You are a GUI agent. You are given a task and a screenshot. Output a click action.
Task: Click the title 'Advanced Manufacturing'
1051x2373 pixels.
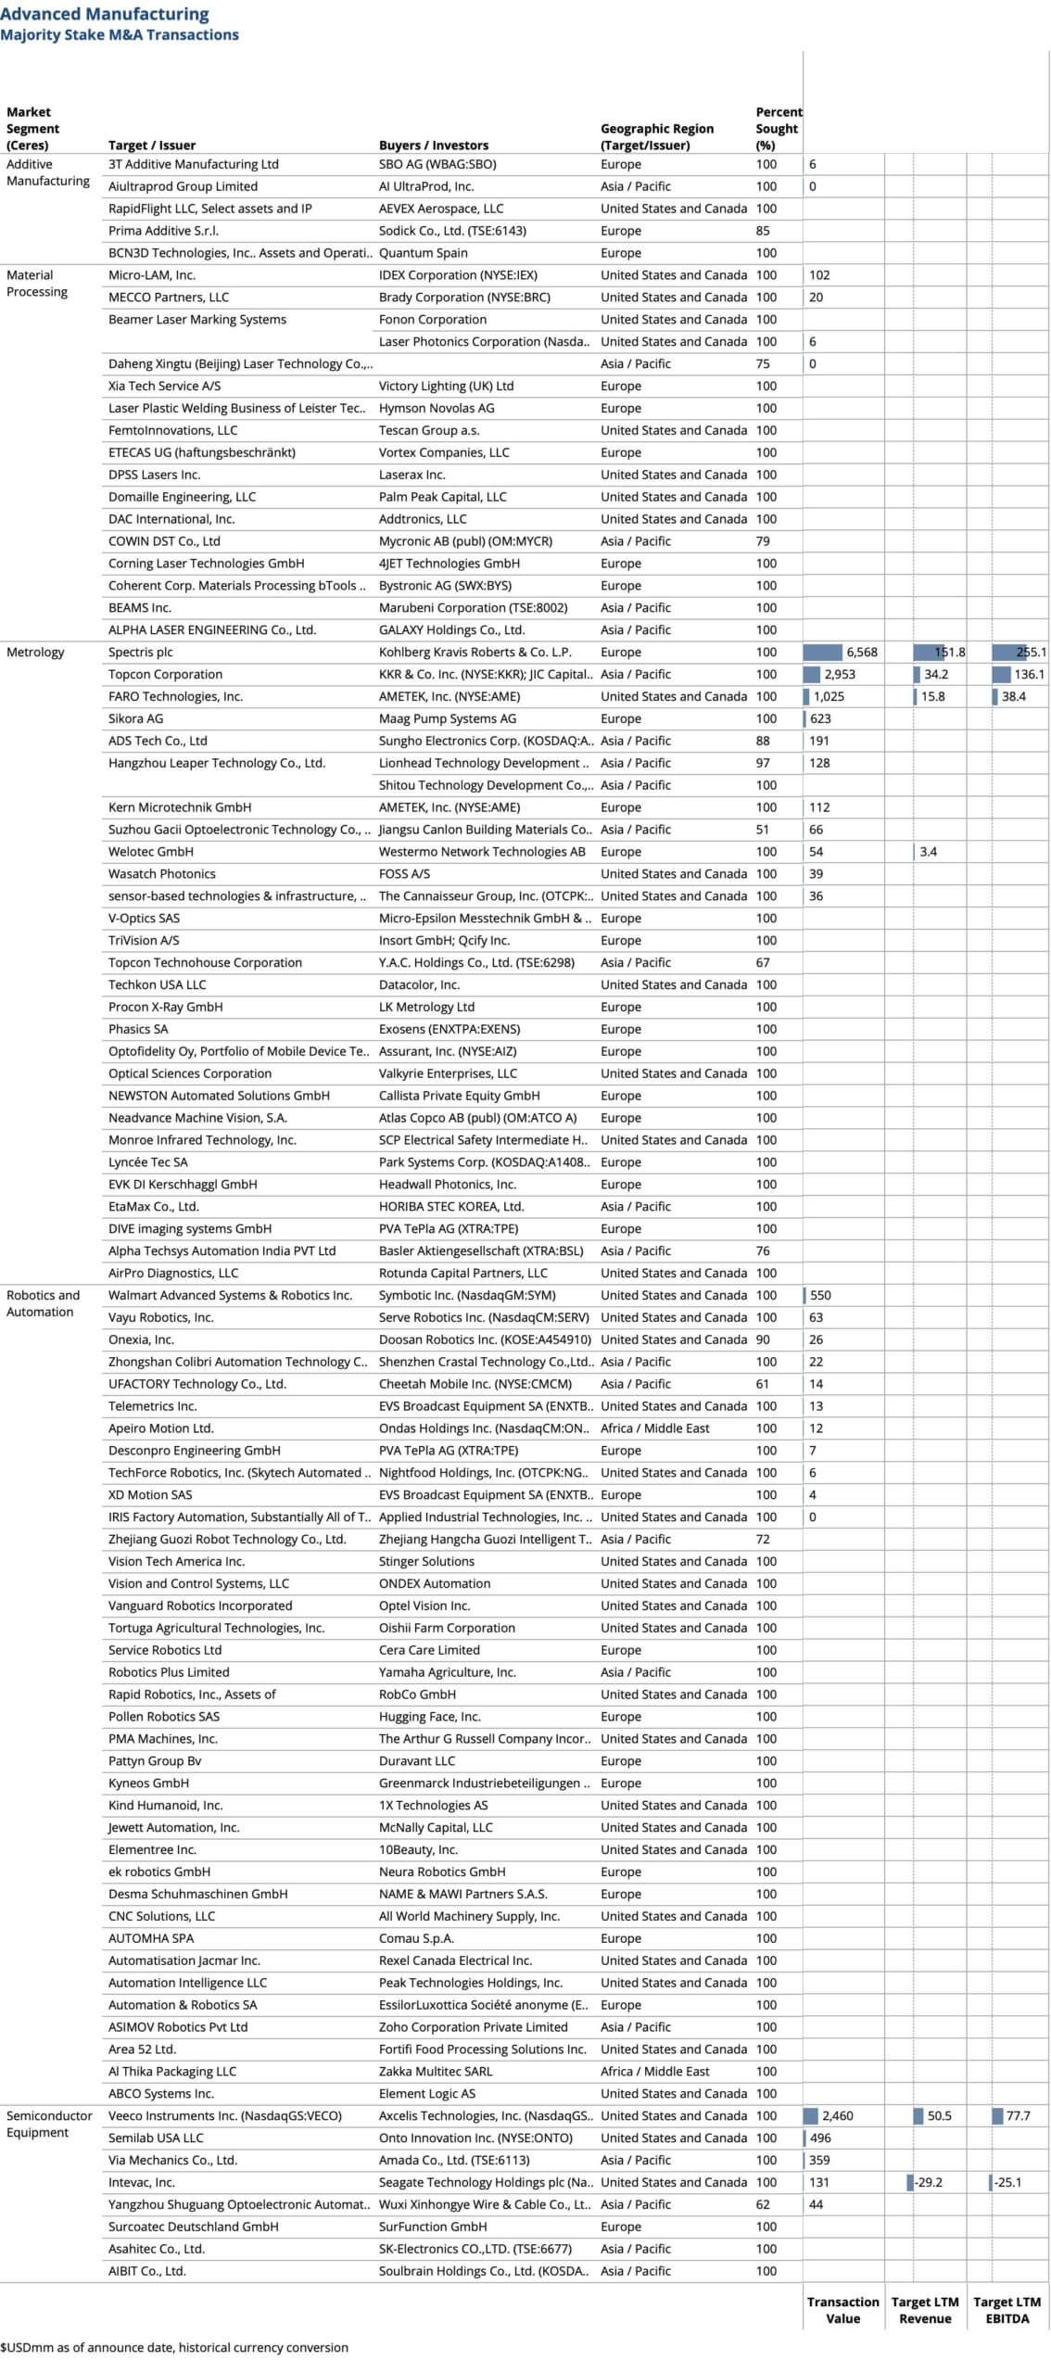(105, 14)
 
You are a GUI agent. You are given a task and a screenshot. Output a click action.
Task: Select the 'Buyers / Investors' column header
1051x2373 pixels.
(433, 145)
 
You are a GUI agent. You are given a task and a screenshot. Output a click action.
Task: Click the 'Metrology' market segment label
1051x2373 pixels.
(35, 652)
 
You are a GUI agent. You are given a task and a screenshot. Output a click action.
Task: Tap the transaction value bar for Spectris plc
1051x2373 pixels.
(822, 652)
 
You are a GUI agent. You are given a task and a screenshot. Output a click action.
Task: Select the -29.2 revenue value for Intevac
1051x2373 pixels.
(928, 2182)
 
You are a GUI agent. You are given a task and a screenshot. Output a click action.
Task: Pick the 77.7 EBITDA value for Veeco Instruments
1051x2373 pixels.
(1018, 2115)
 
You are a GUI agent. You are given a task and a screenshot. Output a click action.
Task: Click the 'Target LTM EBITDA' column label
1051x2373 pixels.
(1007, 2310)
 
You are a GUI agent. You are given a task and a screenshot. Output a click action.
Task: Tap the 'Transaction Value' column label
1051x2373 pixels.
(842, 2310)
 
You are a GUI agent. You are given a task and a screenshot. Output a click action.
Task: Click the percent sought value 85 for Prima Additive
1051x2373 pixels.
(763, 231)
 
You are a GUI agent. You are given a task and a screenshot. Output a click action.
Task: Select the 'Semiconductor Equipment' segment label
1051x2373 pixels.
(49, 2124)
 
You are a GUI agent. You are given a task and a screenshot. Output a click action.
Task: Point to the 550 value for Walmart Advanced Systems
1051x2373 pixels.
(820, 1295)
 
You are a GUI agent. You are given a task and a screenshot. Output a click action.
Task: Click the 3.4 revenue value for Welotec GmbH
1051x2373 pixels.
(928, 851)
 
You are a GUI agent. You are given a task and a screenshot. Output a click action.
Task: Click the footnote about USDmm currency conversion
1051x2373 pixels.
(174, 2347)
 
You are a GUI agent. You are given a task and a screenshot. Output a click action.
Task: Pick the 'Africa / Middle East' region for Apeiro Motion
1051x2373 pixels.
(654, 1428)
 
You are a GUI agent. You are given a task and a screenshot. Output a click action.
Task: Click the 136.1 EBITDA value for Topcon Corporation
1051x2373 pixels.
(1028, 674)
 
